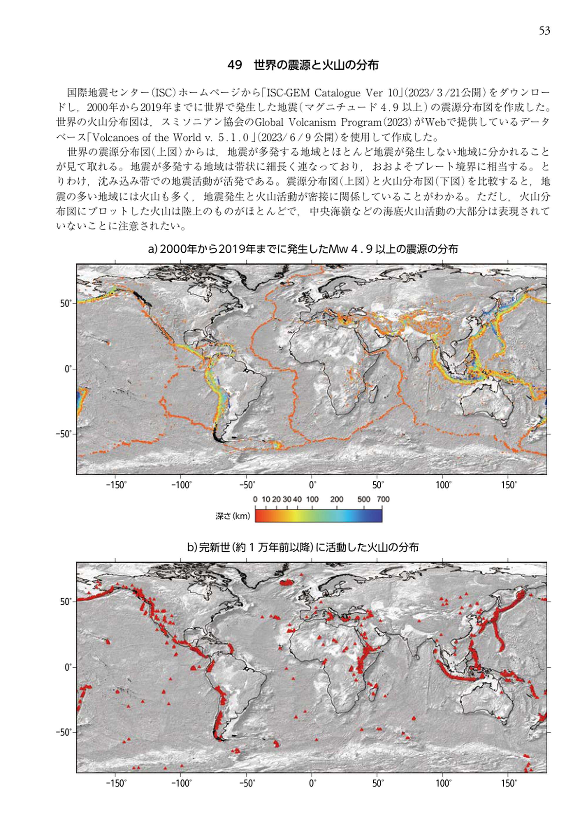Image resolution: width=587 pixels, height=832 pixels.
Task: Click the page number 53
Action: (544, 31)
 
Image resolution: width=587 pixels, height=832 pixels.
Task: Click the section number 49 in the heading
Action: (235, 65)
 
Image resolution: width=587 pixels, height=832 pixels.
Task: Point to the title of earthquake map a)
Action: (303, 249)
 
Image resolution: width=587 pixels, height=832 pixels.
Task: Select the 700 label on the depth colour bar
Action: (383, 499)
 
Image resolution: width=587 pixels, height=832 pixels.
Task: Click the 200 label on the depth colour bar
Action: (337, 499)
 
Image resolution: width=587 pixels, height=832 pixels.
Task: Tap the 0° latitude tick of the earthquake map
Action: (68, 369)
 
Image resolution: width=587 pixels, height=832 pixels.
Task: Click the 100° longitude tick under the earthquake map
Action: (443, 485)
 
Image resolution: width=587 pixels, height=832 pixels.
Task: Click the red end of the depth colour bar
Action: (258, 516)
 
